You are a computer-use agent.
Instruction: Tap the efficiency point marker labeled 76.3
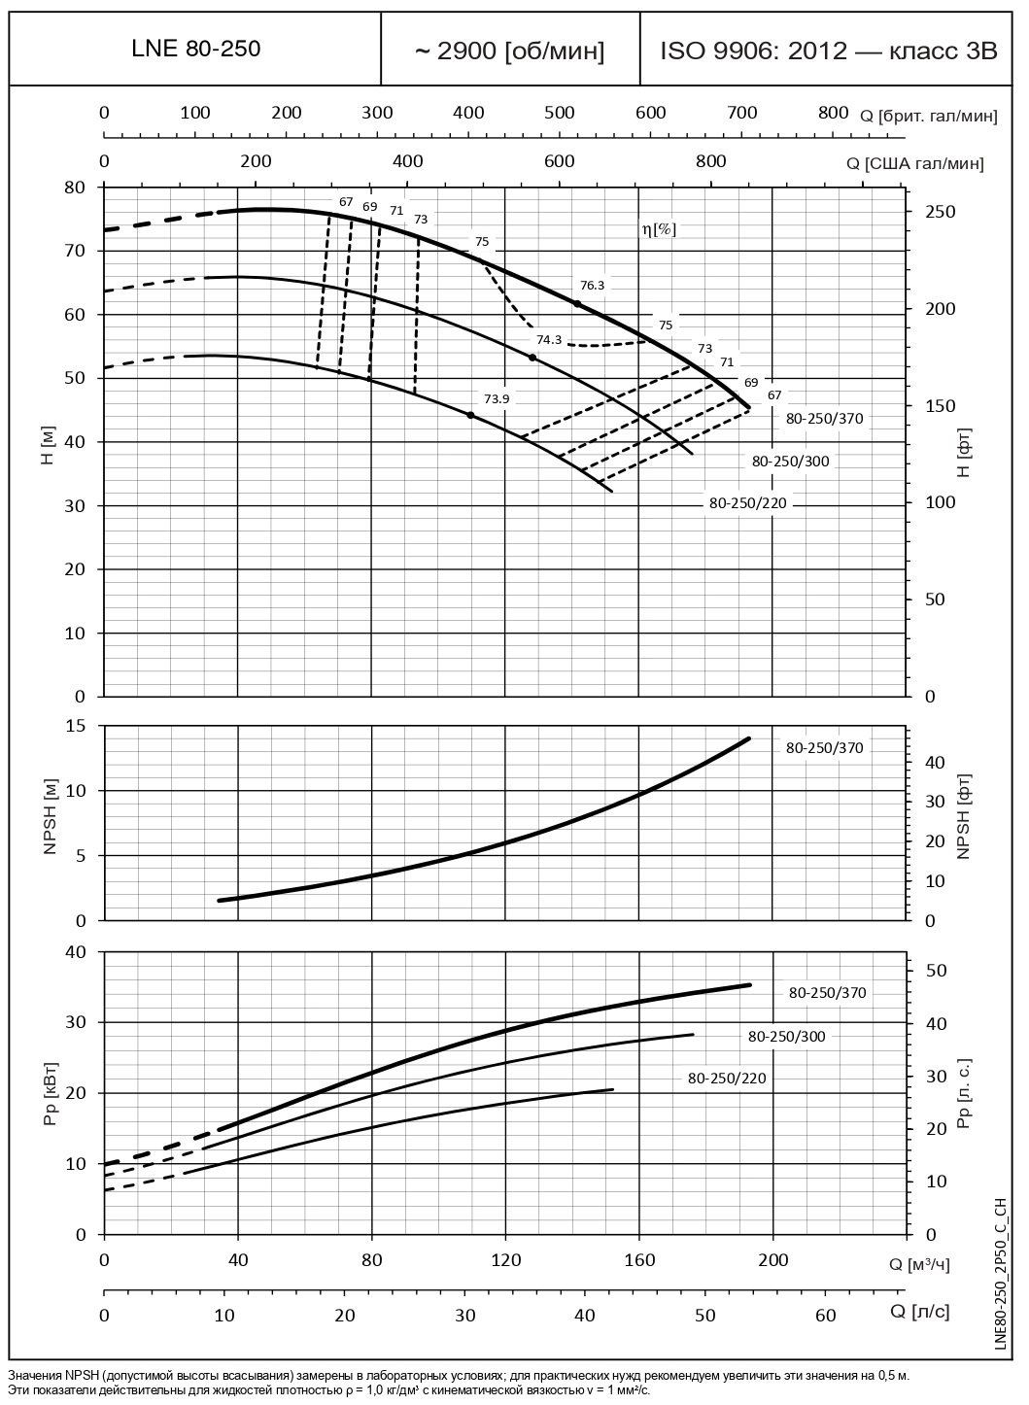point(578,304)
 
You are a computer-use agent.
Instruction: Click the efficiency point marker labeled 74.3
point(532,358)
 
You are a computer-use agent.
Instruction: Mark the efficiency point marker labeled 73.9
point(471,415)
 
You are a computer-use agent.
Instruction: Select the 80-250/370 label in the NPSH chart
point(824,748)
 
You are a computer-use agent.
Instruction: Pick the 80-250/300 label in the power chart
point(786,1037)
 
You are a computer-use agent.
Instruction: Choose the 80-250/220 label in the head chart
point(747,503)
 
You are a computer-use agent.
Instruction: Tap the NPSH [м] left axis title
point(51,823)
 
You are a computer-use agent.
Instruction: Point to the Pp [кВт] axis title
point(51,1093)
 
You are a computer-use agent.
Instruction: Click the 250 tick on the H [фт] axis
point(940,212)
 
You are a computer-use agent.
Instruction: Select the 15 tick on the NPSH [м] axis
point(75,727)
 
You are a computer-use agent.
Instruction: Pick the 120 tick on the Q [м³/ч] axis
point(504,1260)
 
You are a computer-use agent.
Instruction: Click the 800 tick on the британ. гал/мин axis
point(833,113)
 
